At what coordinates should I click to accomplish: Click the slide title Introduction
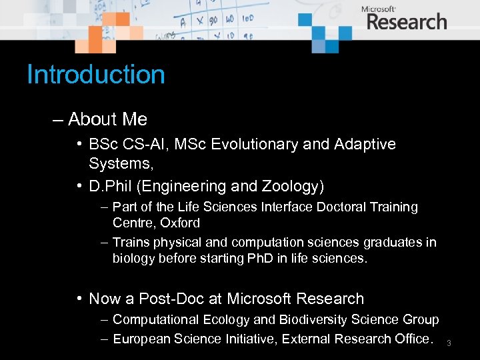point(95,74)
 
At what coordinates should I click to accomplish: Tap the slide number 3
point(449,343)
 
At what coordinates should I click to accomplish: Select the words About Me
point(107,119)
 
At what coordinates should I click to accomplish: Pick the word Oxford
point(180,223)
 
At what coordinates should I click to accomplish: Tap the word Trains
point(131,242)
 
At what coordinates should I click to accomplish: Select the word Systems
point(116,164)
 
